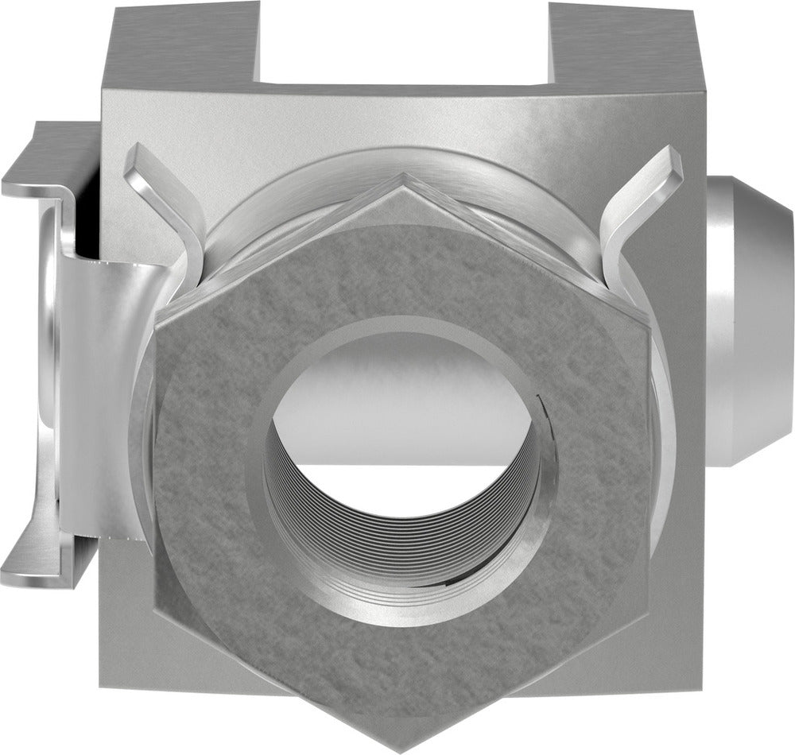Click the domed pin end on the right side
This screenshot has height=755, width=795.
[751, 318]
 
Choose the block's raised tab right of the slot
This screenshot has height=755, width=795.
[620, 40]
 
